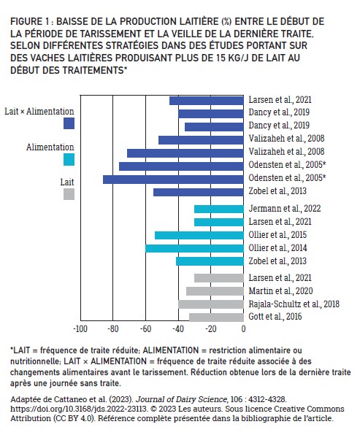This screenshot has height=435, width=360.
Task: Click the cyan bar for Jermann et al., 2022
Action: coord(219,209)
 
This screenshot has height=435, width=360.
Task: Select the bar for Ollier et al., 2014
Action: coord(194,248)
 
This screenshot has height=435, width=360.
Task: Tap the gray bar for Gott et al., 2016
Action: coord(216,317)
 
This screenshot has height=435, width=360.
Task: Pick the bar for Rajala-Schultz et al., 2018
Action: coord(211,304)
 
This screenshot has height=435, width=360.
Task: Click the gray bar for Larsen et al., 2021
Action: coord(219,278)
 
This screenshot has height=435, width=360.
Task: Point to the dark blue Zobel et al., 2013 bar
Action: coord(198,192)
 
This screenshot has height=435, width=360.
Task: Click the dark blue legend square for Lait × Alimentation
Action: coord(69,123)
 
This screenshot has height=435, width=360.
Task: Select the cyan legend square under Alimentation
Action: coord(69,160)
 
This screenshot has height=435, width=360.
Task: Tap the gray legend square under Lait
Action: coord(69,194)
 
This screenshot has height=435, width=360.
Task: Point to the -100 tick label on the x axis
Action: coord(80,329)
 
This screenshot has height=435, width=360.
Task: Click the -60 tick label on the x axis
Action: coord(145,329)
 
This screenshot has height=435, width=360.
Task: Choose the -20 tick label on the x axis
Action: coord(211,329)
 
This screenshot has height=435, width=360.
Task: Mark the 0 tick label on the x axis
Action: coord(243,329)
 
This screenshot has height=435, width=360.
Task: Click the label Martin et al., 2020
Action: coord(280,291)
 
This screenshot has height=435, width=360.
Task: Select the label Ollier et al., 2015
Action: coord(277,235)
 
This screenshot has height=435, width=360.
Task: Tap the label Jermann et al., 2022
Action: coord(285,209)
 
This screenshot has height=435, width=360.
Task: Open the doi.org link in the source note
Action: coord(79,409)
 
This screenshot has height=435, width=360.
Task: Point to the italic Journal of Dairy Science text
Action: coord(181,399)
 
